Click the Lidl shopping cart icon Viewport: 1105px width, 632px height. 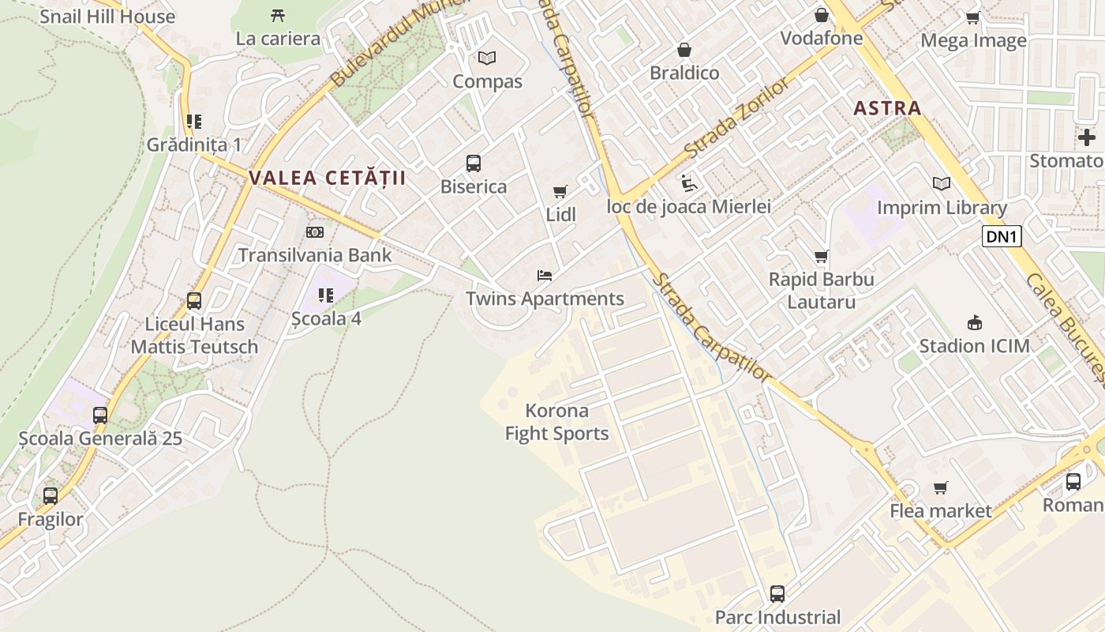(560, 191)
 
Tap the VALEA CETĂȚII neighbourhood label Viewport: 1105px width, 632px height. (328, 178)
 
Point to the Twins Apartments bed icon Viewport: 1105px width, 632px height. (545, 276)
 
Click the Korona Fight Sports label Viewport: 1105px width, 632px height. (557, 422)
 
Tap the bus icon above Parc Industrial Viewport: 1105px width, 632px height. (777, 593)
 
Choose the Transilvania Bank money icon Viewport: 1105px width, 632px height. (315, 232)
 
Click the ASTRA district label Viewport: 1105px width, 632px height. (887, 108)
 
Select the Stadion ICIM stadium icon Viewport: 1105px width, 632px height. (975, 322)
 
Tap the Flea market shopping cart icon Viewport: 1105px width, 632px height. (940, 487)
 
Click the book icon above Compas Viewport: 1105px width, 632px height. (487, 58)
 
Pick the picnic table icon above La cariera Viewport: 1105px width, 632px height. (278, 15)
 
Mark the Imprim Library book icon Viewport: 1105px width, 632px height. (942, 184)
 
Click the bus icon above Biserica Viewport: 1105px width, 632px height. (474, 164)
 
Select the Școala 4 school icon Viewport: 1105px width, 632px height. (326, 295)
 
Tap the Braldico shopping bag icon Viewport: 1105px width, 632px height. (684, 50)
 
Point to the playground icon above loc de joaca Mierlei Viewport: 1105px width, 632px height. (688, 183)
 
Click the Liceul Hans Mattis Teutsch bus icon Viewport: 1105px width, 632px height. (194, 301)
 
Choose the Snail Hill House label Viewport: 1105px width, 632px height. (107, 17)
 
